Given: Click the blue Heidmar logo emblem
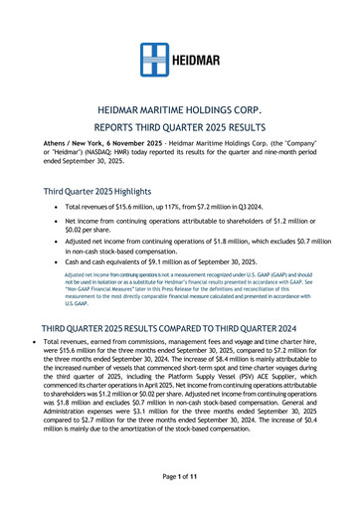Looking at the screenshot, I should point(153,60).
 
